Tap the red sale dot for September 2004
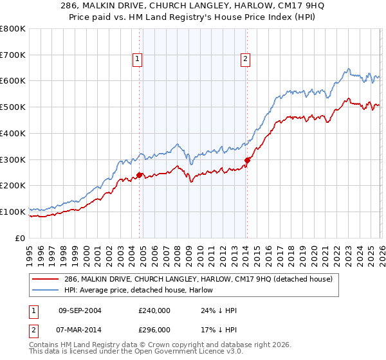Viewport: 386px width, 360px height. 139,174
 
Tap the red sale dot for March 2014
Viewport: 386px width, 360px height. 247,160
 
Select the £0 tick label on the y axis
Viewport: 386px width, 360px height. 21,238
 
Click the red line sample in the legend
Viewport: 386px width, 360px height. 45,279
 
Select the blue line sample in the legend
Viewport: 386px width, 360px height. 45,290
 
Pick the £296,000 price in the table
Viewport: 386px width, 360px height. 154,329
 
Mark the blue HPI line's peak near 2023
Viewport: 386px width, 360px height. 347,69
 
